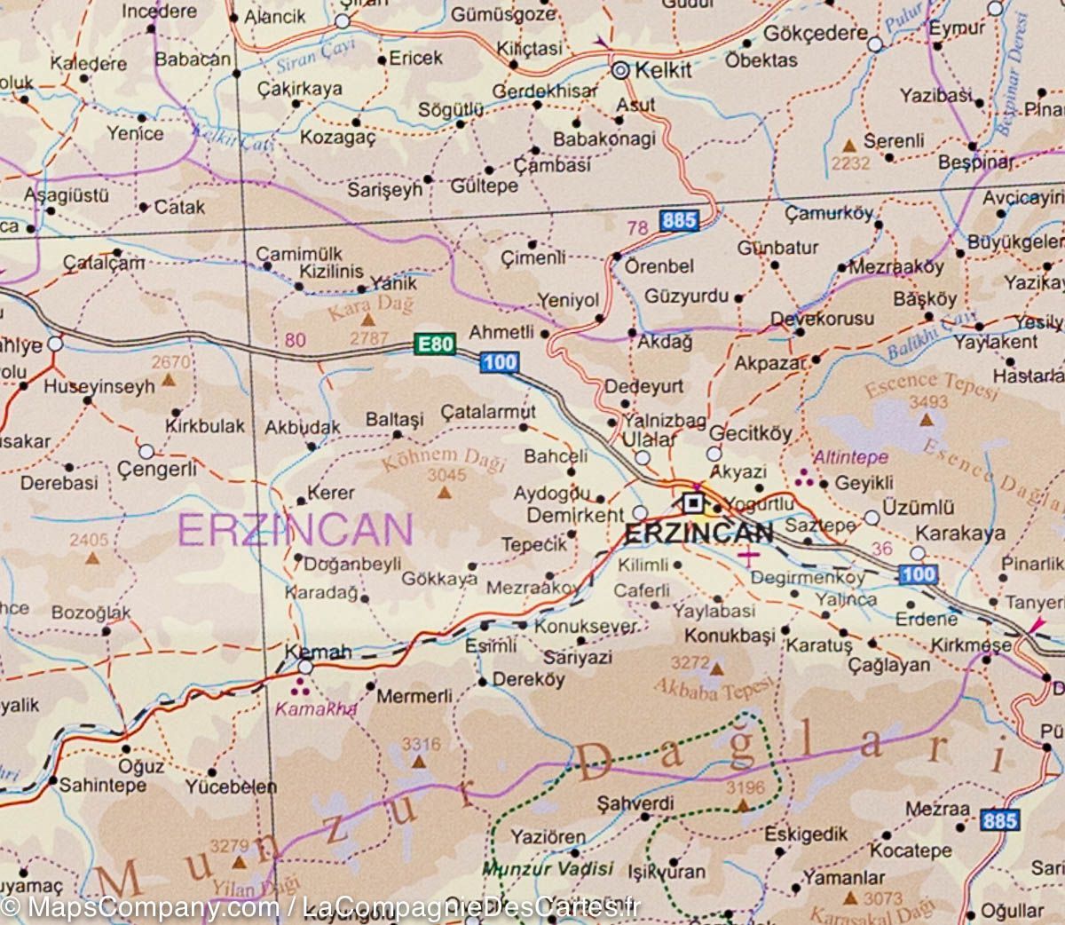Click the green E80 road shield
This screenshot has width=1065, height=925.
(435, 344)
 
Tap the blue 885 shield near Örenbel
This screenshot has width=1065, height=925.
(678, 220)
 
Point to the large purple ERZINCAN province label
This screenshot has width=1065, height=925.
(295, 530)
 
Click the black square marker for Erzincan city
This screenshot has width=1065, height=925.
(693, 503)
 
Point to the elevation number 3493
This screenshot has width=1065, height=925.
(927, 402)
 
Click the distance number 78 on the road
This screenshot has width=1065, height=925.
(637, 229)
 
